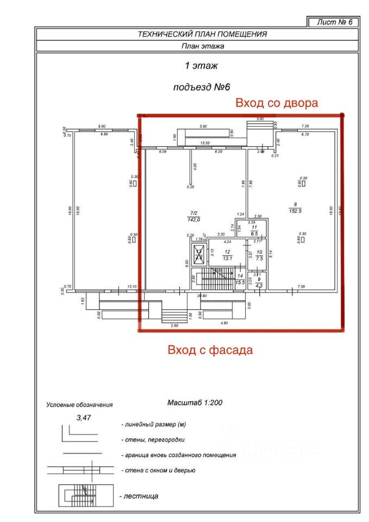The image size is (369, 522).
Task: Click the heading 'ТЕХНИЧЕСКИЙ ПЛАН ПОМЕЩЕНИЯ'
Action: click(x=203, y=34)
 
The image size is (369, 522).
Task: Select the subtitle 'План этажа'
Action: click(x=203, y=46)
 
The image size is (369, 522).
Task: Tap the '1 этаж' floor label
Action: click(x=202, y=66)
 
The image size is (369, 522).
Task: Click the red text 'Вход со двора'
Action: click(x=276, y=103)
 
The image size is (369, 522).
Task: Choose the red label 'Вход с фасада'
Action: click(x=210, y=350)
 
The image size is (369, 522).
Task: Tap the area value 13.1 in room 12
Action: click(x=227, y=258)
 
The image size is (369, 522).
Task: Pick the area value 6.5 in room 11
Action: click(x=254, y=232)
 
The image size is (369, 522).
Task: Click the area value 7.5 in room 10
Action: click(x=259, y=258)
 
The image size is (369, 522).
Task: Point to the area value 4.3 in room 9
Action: click(x=259, y=285)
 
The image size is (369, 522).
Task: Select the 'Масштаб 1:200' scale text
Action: click(x=196, y=403)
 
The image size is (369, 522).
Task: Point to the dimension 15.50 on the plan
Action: click(x=205, y=143)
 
